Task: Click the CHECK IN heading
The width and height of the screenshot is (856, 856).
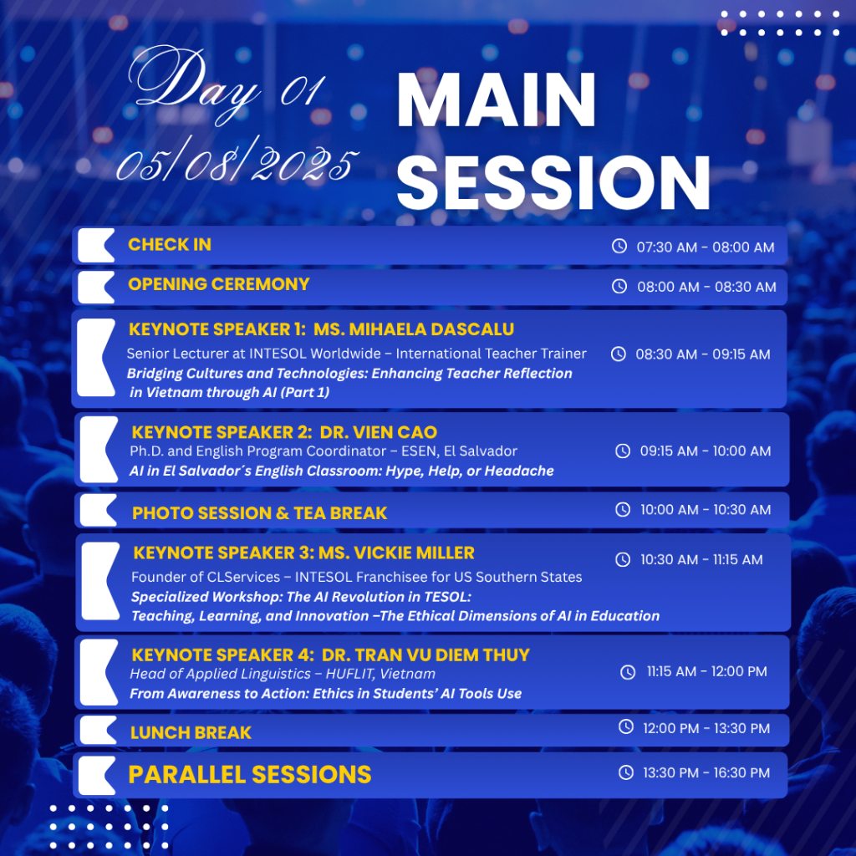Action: (x=169, y=245)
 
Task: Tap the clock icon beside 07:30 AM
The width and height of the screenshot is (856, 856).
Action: (x=619, y=247)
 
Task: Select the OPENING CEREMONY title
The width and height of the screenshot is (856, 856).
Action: (x=218, y=284)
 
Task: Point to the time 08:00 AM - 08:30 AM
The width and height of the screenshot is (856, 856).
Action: (x=706, y=287)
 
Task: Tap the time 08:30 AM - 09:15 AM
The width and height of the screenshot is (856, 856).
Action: (x=702, y=354)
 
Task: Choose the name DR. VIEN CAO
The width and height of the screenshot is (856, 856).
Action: (x=379, y=432)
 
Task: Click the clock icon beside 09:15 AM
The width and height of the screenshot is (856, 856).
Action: (x=623, y=451)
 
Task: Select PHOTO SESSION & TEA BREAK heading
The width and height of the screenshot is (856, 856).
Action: (x=259, y=513)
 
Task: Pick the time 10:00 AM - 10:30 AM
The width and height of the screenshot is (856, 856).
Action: (x=706, y=509)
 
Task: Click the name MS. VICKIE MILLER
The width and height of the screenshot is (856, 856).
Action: (x=396, y=553)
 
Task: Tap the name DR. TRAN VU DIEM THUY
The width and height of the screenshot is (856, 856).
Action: (x=425, y=655)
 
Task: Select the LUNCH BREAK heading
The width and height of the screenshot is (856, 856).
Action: (x=191, y=732)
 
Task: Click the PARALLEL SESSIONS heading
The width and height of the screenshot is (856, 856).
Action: (x=249, y=775)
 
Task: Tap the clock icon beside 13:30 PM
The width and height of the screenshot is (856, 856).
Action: (x=625, y=772)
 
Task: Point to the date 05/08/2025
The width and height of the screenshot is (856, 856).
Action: (x=237, y=160)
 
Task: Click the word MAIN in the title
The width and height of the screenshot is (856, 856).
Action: (x=497, y=101)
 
